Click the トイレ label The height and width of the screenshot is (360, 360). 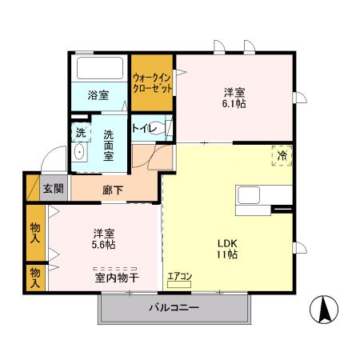(x=143, y=127)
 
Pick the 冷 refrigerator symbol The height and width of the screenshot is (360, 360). (x=282, y=155)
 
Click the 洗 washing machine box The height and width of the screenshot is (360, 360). (x=81, y=131)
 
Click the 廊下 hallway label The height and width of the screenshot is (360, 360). (x=112, y=191)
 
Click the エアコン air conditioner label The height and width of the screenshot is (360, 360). (x=179, y=277)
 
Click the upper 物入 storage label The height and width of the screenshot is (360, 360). (x=35, y=233)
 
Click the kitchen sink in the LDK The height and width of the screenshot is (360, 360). (x=247, y=196)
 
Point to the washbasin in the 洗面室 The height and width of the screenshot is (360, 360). (x=79, y=153)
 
